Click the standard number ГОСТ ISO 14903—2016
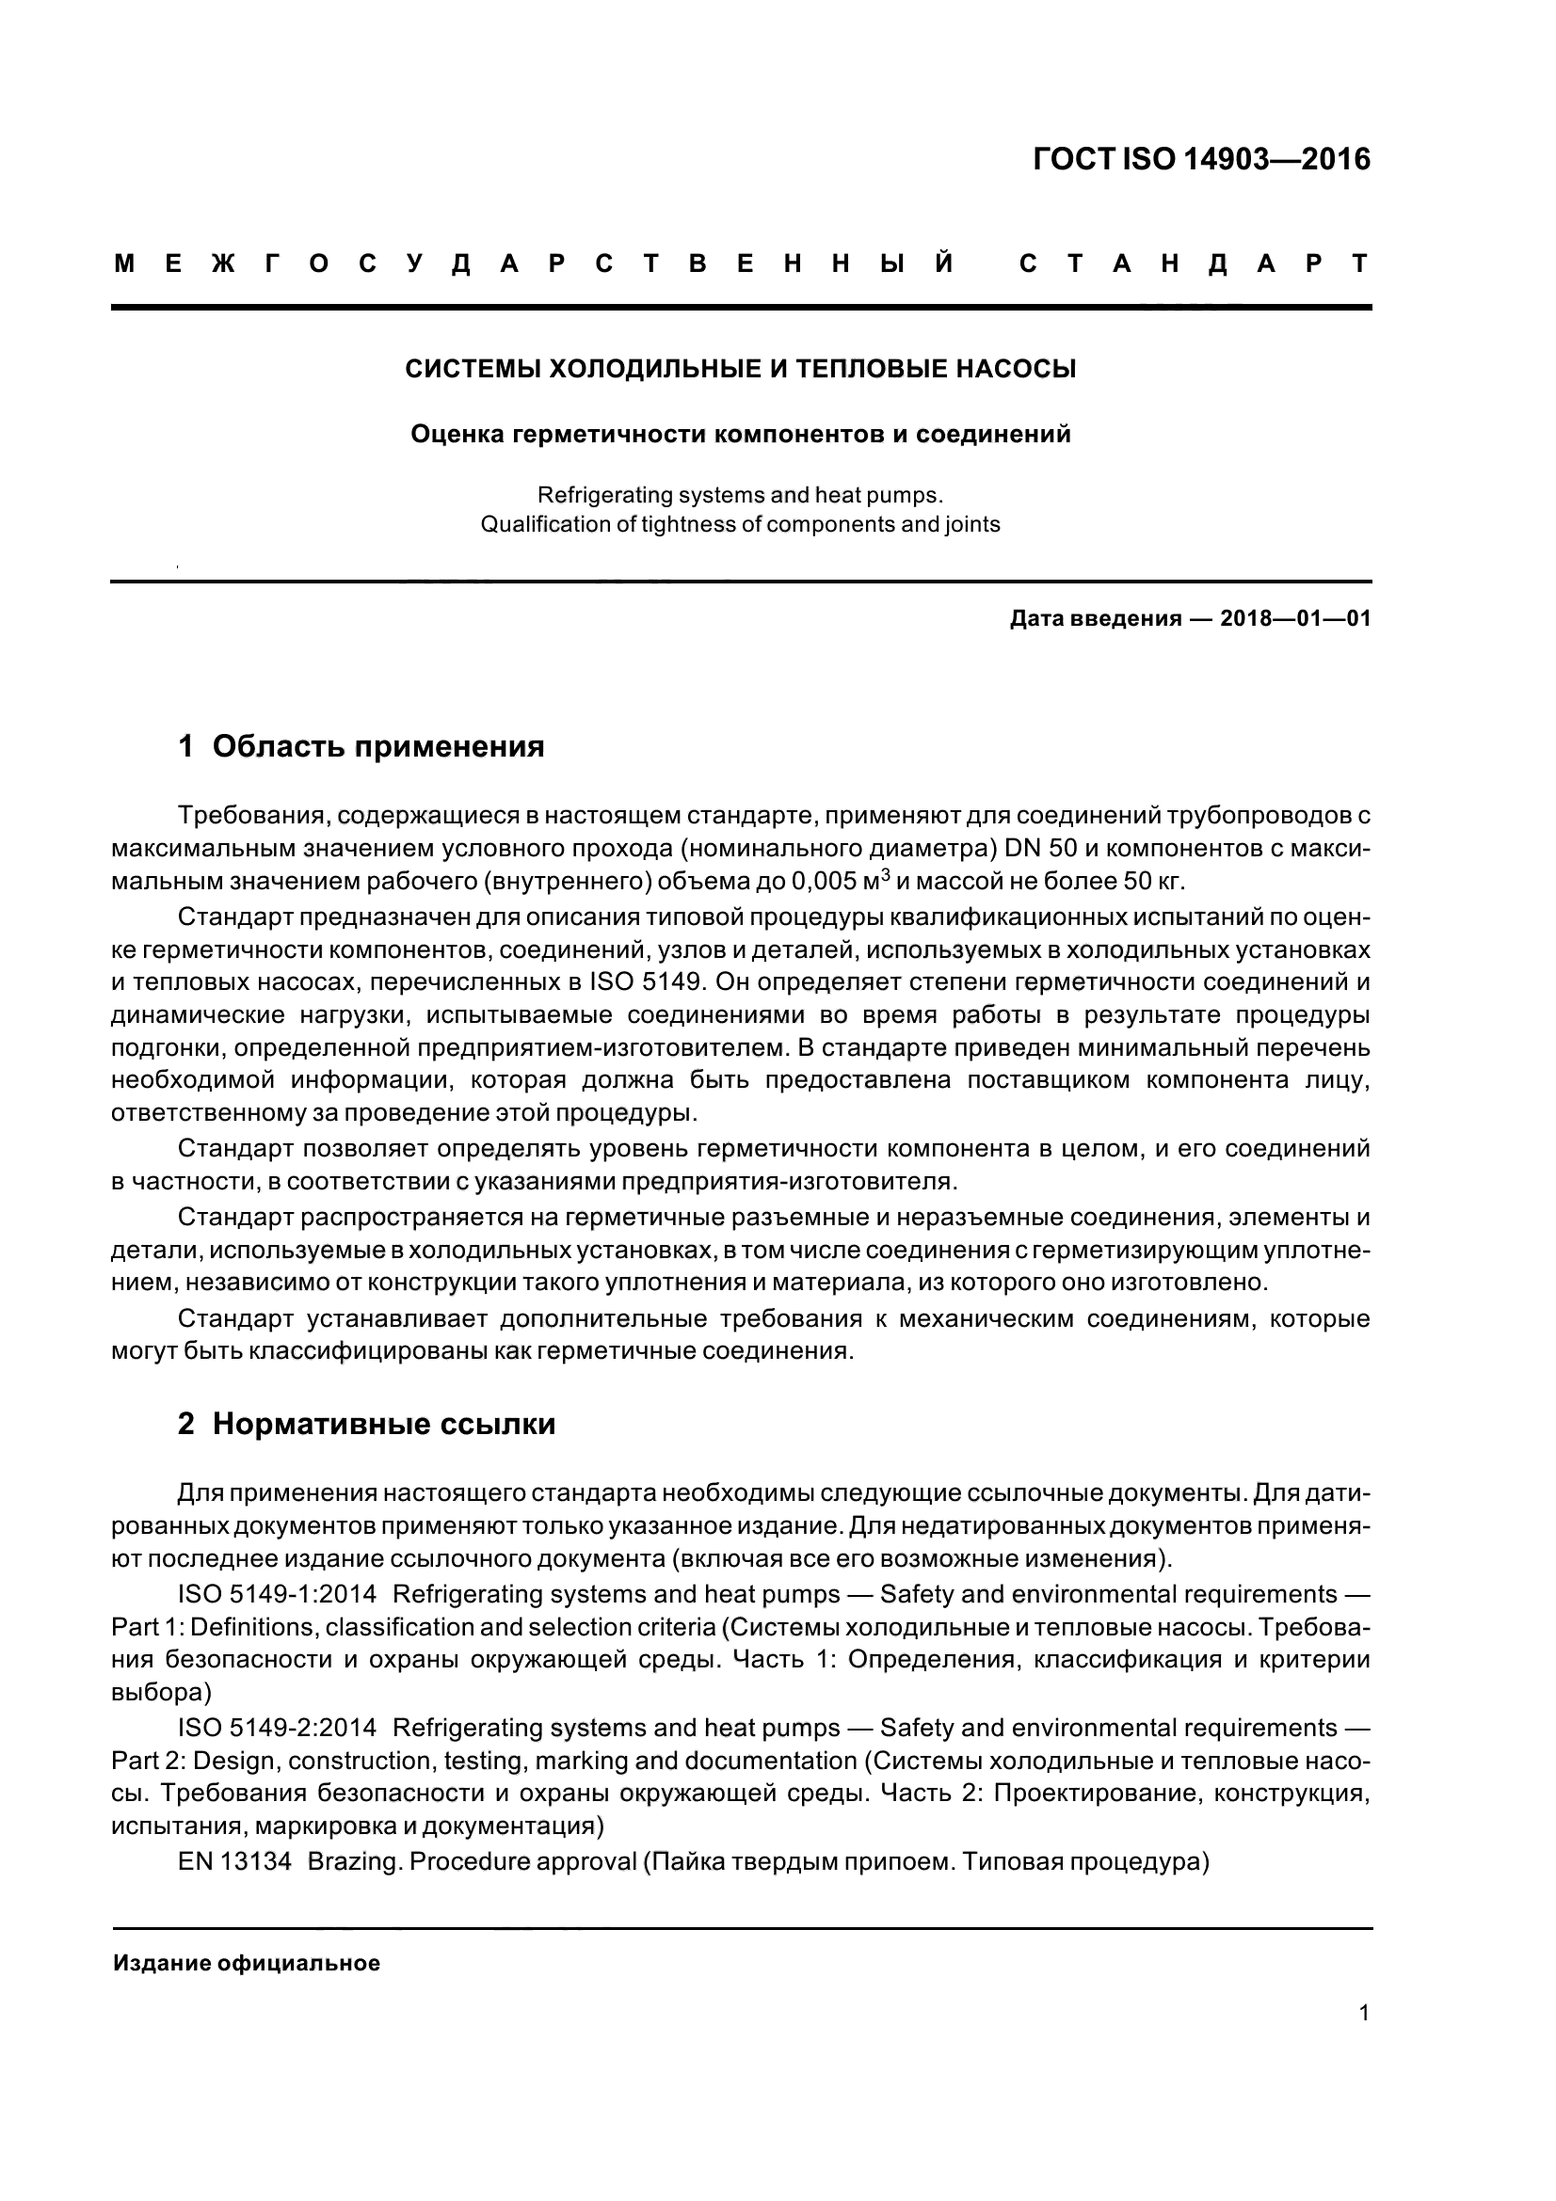(x=1201, y=159)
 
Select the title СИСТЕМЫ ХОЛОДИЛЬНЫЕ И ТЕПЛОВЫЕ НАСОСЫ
(x=740, y=369)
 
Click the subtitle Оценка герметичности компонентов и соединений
(x=740, y=434)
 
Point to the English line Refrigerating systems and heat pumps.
(x=740, y=496)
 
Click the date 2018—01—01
(x=1294, y=618)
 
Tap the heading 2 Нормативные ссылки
(x=366, y=1424)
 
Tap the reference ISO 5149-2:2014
(x=277, y=1728)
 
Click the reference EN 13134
(x=234, y=1861)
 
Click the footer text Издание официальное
(x=247, y=1963)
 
